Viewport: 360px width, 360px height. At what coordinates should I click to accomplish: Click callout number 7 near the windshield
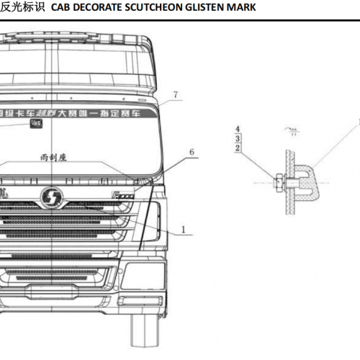pyautogui.click(x=174, y=94)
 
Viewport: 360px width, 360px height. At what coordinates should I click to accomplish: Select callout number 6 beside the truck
pyautogui.click(x=191, y=151)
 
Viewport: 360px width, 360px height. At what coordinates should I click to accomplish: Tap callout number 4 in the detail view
pyautogui.click(x=238, y=128)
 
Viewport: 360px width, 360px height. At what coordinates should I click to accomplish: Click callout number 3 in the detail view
pyautogui.click(x=238, y=138)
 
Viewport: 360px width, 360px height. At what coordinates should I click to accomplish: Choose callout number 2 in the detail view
pyautogui.click(x=238, y=148)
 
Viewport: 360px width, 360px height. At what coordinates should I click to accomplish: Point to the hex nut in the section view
pyautogui.click(x=279, y=180)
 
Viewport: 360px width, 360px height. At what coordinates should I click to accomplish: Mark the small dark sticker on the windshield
pyautogui.click(x=34, y=124)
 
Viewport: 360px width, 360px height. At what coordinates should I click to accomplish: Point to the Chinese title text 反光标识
pyautogui.click(x=23, y=7)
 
